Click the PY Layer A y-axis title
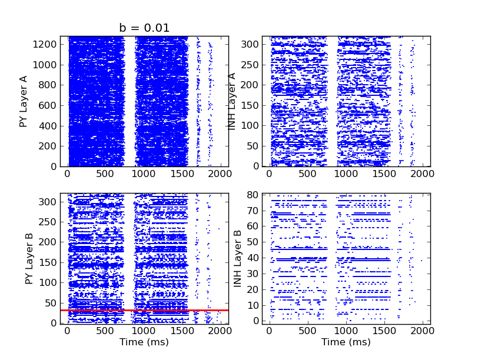[x=24, y=101]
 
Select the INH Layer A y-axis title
[x=232, y=101]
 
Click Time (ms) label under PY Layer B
[x=144, y=342]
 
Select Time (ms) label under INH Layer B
[x=346, y=342]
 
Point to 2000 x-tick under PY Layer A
[x=220, y=175]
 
